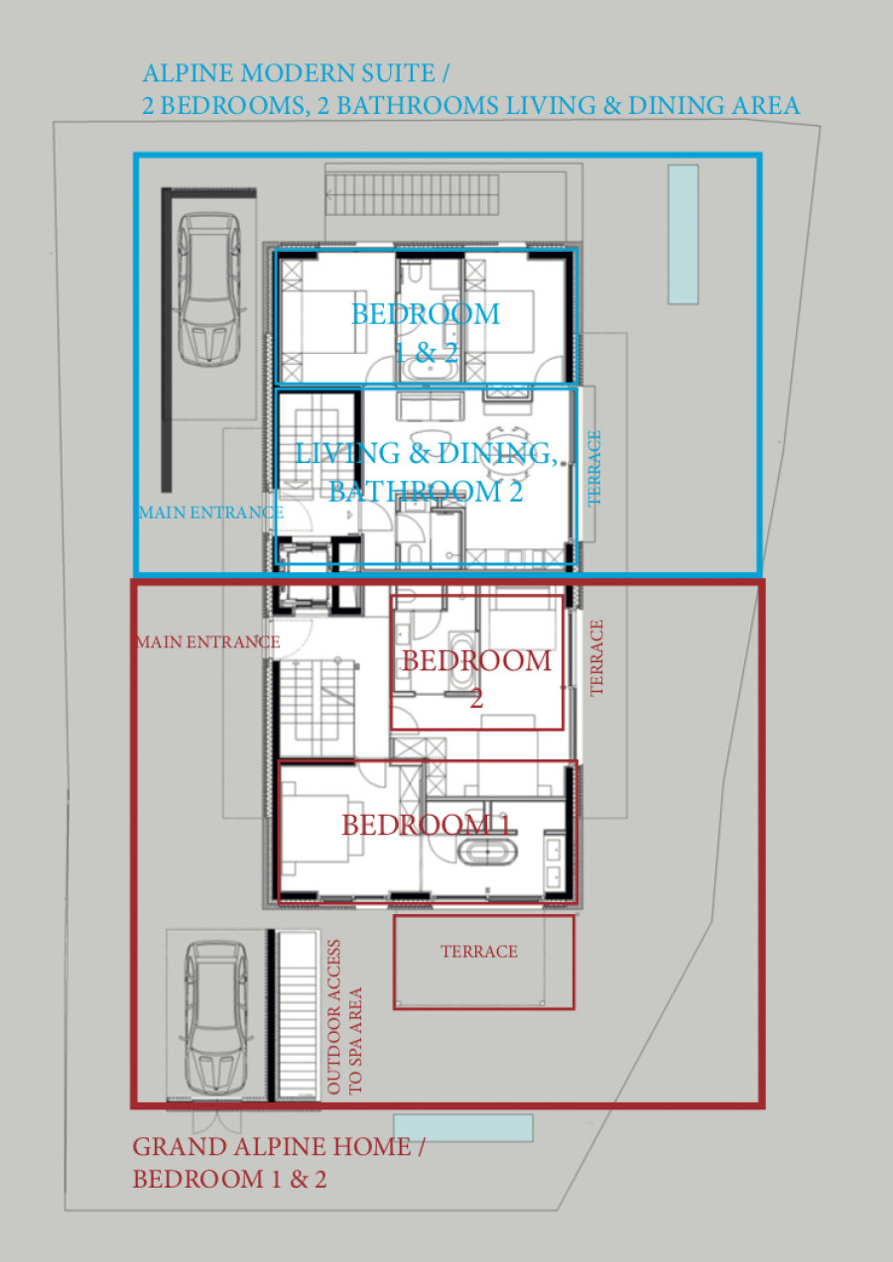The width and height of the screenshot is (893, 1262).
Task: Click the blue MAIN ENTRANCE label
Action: (x=210, y=513)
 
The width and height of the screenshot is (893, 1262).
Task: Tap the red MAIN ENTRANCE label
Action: (x=208, y=641)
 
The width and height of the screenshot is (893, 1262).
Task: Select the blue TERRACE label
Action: (x=594, y=468)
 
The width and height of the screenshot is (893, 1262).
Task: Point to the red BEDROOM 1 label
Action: (x=427, y=826)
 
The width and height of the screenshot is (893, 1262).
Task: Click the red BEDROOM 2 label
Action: (x=476, y=679)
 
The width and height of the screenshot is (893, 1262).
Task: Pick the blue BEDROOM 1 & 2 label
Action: (x=426, y=333)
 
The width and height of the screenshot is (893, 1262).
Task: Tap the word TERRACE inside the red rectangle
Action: (x=479, y=952)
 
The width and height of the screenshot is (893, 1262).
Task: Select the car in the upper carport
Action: (x=209, y=289)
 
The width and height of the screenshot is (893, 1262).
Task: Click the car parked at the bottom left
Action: (x=216, y=1015)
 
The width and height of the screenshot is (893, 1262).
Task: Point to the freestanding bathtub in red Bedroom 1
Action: (x=487, y=852)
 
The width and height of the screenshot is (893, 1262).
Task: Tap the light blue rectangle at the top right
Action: (x=683, y=234)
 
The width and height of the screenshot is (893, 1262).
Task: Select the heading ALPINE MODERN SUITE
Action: (x=296, y=73)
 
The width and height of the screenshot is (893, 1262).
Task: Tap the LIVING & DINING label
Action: (x=427, y=453)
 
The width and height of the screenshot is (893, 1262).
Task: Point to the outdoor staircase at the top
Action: (x=413, y=193)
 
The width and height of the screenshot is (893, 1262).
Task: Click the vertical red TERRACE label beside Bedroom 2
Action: (x=596, y=658)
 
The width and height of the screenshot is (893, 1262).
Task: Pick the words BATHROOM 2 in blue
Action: (x=427, y=492)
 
